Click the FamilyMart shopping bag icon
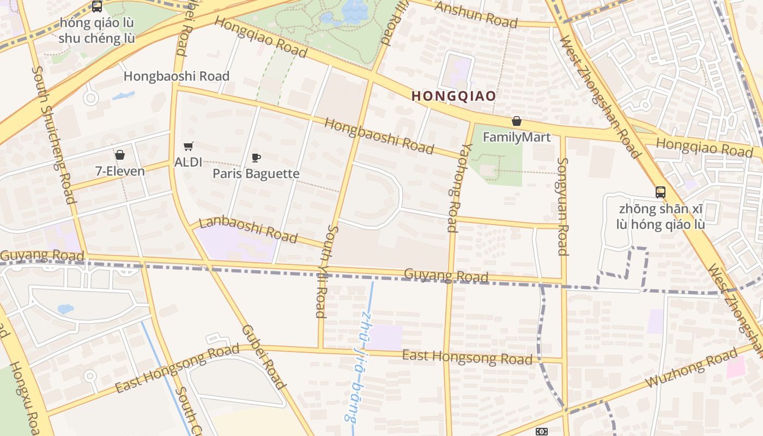coord(516,121)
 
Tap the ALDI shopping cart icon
coord(189,146)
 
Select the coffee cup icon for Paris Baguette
coord(256,158)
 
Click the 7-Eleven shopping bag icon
coord(120,155)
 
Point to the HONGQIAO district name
coord(453,96)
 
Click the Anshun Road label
coord(476,14)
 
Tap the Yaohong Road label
coord(452,187)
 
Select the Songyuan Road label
coord(563,207)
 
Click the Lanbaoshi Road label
coord(249,229)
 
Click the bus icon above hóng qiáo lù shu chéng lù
coord(97,7)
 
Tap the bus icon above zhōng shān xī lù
coord(661,192)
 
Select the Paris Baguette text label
coord(256,174)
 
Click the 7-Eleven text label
coord(120,171)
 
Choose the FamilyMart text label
coord(517,137)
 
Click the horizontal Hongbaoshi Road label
coord(177,76)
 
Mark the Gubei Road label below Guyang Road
coord(264,357)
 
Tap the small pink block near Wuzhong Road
coord(735,367)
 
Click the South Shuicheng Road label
coord(53,135)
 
